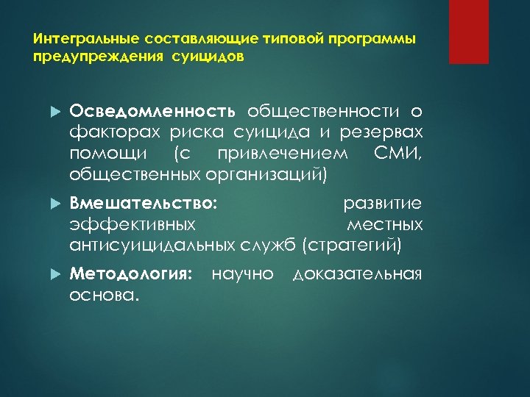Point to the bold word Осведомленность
(152, 111)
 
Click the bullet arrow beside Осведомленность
(52, 112)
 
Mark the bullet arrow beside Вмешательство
(52, 204)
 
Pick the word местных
(384, 223)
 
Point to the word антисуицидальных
(152, 244)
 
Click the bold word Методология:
(130, 274)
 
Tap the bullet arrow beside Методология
(52, 275)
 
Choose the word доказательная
(357, 274)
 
